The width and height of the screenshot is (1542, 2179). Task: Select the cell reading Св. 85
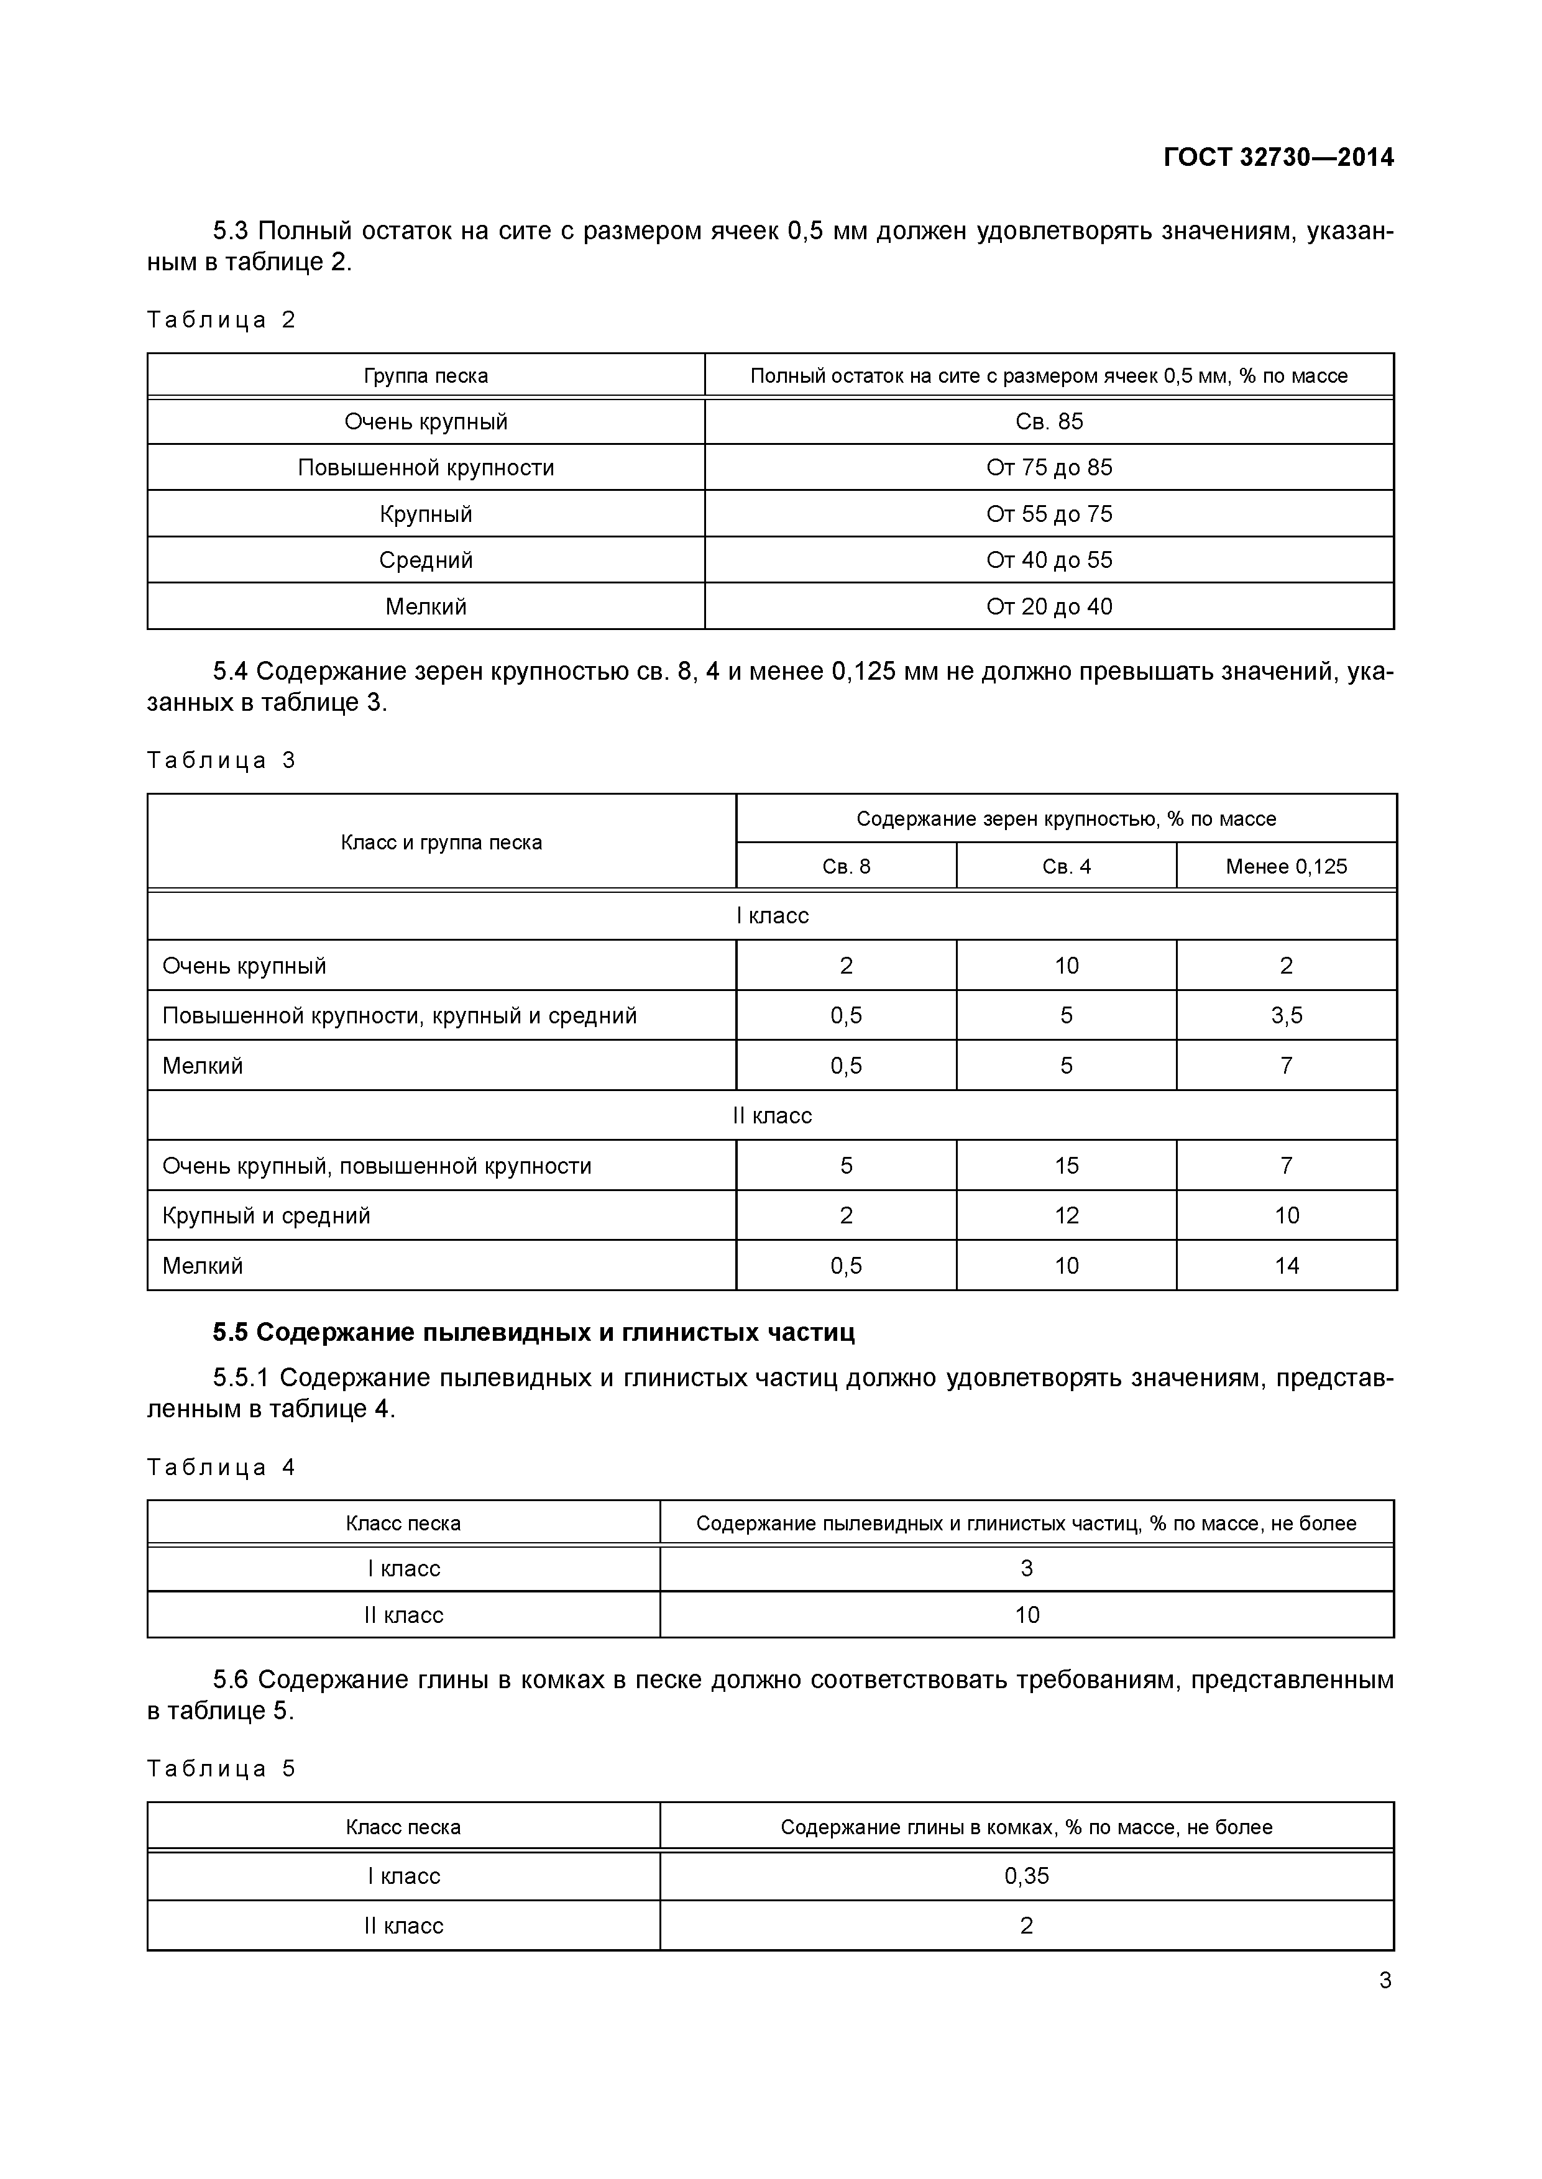tap(1049, 421)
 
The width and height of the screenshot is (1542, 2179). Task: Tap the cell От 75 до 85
tap(1049, 468)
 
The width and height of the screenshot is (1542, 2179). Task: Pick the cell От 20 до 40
tap(1049, 606)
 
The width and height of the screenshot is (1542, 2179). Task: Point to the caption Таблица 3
tap(221, 760)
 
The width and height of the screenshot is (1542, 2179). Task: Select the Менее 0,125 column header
tap(1286, 867)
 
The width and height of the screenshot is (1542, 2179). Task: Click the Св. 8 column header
tap(845, 867)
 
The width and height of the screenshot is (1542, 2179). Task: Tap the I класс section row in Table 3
tap(772, 916)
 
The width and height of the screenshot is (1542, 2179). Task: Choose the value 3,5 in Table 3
tap(1286, 1015)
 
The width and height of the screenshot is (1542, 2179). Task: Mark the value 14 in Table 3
tap(1286, 1265)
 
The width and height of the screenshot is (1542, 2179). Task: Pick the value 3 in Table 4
tap(1026, 1569)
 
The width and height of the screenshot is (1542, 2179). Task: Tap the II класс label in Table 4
tap(403, 1615)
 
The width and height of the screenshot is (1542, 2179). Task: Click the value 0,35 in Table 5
tap(1026, 1876)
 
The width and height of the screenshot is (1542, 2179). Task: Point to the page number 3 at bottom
tap(1384, 1981)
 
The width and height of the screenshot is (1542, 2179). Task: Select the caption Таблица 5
tap(221, 1768)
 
